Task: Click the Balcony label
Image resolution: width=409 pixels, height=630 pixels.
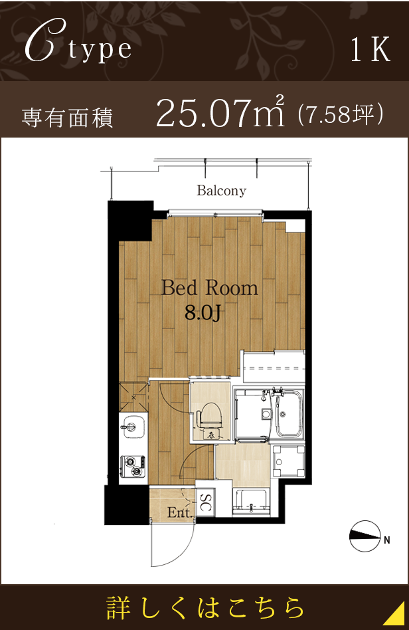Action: pyautogui.click(x=221, y=190)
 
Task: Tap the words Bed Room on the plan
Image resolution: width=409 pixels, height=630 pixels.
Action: pyautogui.click(x=209, y=288)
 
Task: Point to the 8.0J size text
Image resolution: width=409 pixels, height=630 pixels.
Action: pyautogui.click(x=203, y=312)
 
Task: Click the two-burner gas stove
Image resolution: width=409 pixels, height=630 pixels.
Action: pyautogui.click(x=133, y=467)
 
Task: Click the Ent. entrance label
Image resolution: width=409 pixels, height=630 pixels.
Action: pyautogui.click(x=180, y=512)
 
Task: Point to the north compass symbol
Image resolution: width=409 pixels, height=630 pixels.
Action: pyautogui.click(x=365, y=536)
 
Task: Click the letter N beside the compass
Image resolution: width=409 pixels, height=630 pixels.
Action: pyautogui.click(x=387, y=540)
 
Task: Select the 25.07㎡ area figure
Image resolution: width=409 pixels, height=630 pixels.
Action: pyautogui.click(x=220, y=112)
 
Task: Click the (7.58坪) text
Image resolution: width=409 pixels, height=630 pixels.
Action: pyautogui.click(x=341, y=114)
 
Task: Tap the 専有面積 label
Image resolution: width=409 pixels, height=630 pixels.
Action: pyautogui.click(x=68, y=118)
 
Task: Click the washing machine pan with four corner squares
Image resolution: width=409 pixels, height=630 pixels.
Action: pyautogui.click(x=287, y=461)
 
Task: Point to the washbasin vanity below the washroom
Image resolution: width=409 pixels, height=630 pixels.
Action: pyautogui.click(x=252, y=502)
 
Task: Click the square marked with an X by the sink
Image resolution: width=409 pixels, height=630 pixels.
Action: pyautogui.click(x=133, y=397)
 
